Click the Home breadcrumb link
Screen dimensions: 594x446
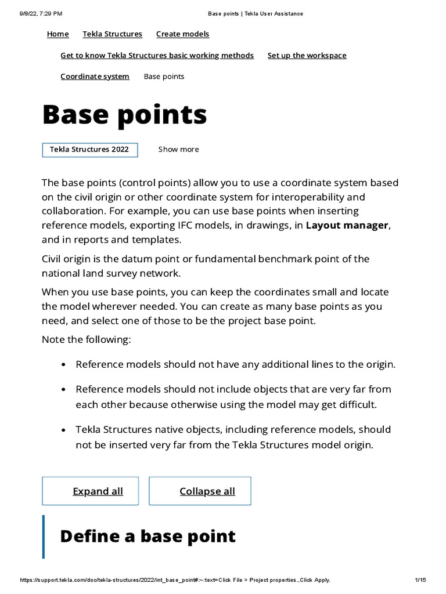(57, 34)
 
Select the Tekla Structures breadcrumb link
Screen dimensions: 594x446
(112, 34)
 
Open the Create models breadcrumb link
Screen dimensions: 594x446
(182, 34)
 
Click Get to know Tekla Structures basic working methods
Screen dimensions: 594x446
(157, 56)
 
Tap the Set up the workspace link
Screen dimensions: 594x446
(307, 56)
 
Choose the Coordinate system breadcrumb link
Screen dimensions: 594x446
(95, 77)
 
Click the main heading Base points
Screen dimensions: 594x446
(124, 115)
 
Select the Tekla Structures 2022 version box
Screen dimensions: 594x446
(89, 150)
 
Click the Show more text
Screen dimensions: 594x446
(178, 150)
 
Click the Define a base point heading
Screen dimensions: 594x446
(148, 536)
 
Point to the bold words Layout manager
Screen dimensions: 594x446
(347, 226)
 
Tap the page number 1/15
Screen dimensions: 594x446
(420, 580)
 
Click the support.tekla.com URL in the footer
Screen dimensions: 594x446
(174, 580)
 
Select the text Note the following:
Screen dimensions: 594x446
(86, 339)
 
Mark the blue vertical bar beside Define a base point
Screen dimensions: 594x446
(43, 536)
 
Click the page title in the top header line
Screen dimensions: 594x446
(255, 13)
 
